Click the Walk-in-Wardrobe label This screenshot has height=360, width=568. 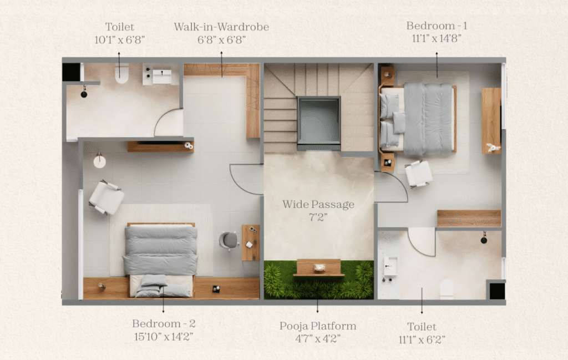221,27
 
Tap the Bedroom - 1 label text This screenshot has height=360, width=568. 437,26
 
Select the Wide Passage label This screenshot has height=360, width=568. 318,204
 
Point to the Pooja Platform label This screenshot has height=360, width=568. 318,326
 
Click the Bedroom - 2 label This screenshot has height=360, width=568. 164,323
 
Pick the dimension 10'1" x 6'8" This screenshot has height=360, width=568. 120,40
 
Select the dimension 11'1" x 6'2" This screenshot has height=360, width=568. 422,339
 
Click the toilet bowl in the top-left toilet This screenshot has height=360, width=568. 121,74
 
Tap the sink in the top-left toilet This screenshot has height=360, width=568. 161,77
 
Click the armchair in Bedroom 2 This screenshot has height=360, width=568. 106,197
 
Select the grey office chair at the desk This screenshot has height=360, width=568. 229,240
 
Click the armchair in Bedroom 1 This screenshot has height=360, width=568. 418,174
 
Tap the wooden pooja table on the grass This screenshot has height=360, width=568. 319,268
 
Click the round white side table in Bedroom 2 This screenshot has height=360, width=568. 100,161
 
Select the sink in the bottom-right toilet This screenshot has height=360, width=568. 390,266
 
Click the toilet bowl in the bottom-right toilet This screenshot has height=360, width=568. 447,288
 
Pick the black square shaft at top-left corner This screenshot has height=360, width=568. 71,72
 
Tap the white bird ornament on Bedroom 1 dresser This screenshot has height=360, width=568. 493,147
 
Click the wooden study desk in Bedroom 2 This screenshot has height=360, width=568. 251,242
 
